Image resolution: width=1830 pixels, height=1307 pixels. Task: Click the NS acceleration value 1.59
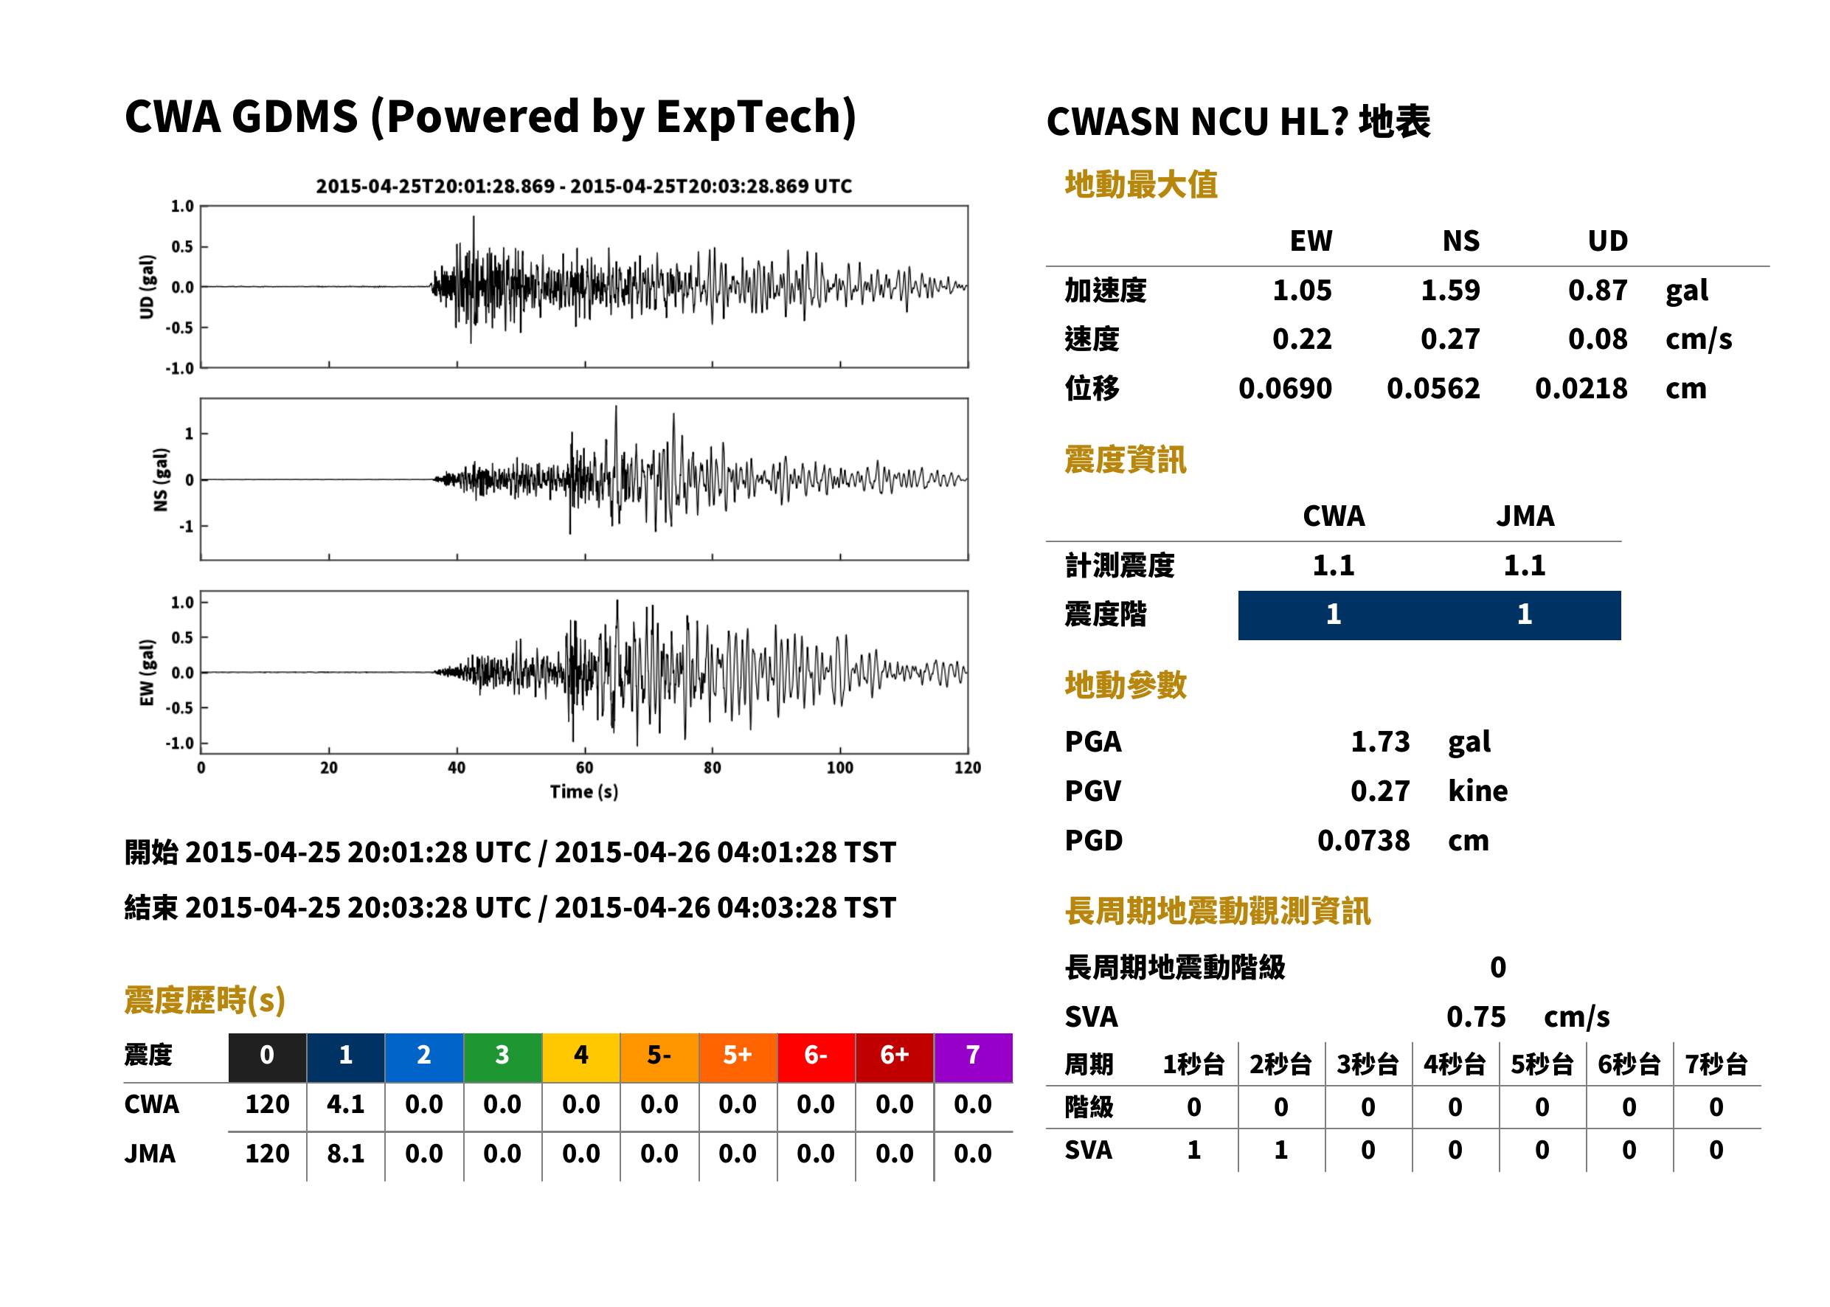click(1449, 291)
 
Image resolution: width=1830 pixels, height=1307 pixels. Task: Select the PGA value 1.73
click(1379, 741)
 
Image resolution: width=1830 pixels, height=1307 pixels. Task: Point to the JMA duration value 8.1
click(345, 1154)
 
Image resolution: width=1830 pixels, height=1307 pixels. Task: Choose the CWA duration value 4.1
click(345, 1104)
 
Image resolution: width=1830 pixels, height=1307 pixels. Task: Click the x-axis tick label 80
click(713, 768)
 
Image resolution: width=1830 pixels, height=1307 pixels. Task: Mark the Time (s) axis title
click(584, 792)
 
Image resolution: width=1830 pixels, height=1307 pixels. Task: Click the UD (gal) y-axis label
click(147, 288)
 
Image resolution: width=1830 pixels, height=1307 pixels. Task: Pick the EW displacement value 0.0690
click(1284, 389)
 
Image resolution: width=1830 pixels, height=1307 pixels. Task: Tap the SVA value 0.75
click(1475, 1017)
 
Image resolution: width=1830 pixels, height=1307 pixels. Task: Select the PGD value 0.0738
click(1363, 841)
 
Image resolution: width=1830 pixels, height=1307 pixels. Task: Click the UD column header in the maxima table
click(1607, 241)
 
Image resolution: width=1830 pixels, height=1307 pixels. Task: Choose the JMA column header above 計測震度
click(1525, 516)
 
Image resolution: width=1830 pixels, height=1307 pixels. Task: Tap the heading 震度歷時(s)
click(205, 1000)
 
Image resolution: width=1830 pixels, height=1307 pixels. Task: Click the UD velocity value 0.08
click(1598, 339)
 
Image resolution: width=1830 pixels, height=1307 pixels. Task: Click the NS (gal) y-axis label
click(161, 479)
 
